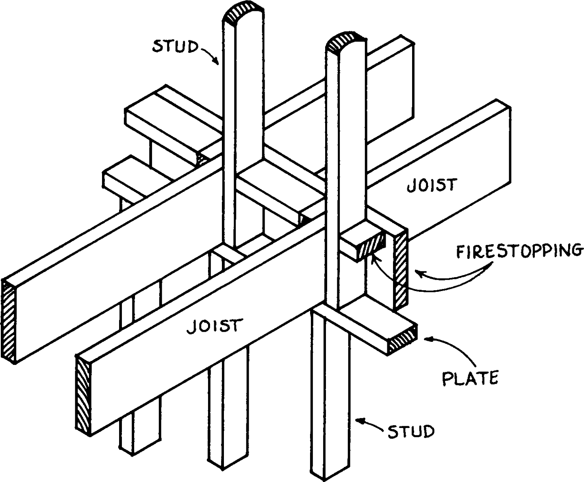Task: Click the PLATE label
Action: (x=470, y=378)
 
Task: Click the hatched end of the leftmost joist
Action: (x=9, y=321)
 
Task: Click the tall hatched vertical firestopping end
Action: (x=400, y=270)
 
